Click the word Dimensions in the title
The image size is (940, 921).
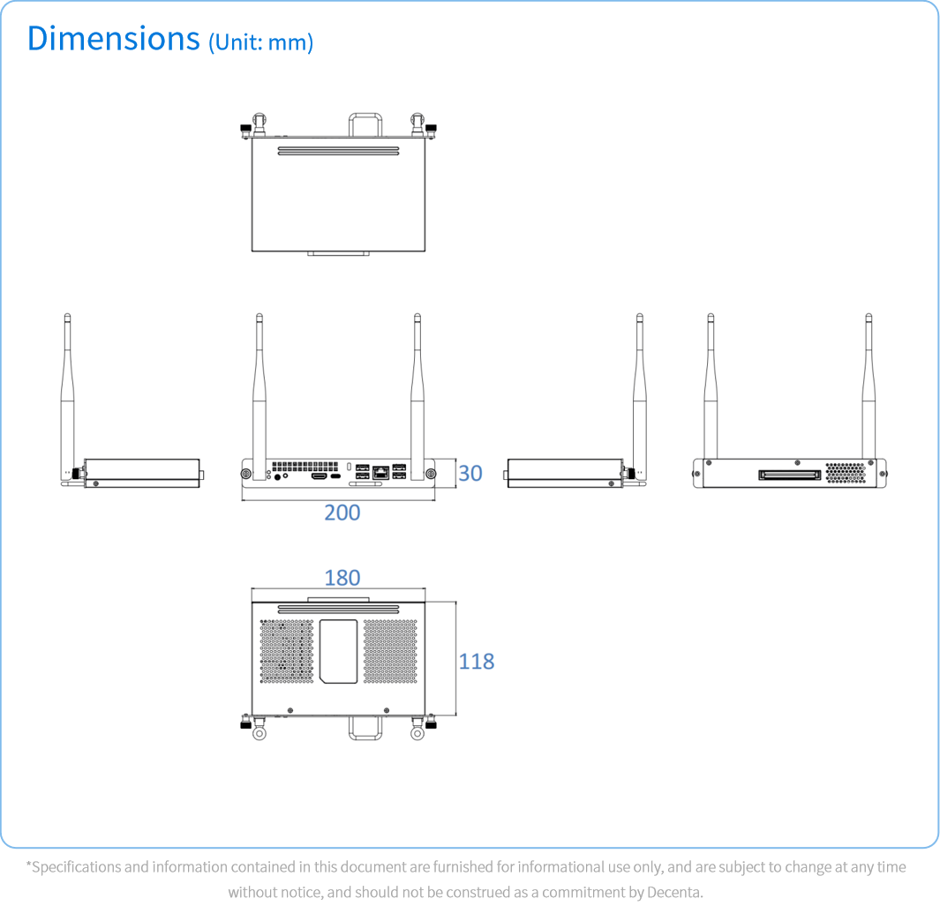[x=113, y=39]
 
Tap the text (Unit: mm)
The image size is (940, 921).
[x=260, y=42]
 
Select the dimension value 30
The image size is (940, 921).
[x=470, y=474]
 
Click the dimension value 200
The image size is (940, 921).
[x=342, y=513]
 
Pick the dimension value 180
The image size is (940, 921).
[x=342, y=578]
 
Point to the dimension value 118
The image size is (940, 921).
[x=477, y=662]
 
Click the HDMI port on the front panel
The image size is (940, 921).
[x=319, y=476]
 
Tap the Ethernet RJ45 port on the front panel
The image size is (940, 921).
[x=380, y=472]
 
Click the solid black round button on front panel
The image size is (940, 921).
[x=277, y=477]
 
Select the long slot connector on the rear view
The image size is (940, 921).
[x=790, y=475]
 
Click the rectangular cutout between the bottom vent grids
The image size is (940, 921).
[x=339, y=651]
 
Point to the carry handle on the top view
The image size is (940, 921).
[x=365, y=124]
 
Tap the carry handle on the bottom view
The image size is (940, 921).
[x=365, y=728]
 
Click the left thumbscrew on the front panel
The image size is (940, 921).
[x=245, y=474]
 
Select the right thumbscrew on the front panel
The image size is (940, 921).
[x=431, y=474]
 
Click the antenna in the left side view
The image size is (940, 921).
[x=68, y=395]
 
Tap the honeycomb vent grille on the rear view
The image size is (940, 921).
[x=846, y=473]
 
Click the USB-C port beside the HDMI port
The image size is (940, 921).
[x=335, y=476]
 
